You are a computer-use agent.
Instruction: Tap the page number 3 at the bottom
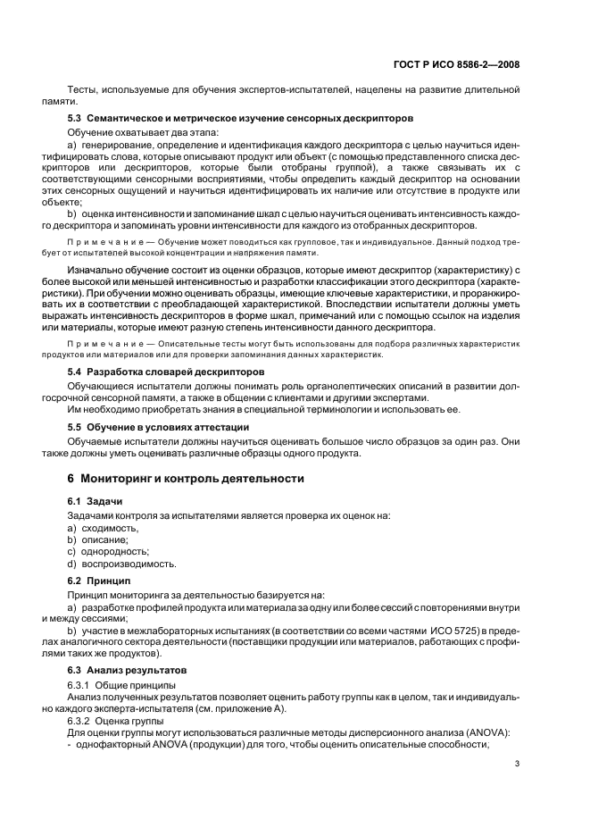coord(519,764)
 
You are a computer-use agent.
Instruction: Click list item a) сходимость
coord(103,528)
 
